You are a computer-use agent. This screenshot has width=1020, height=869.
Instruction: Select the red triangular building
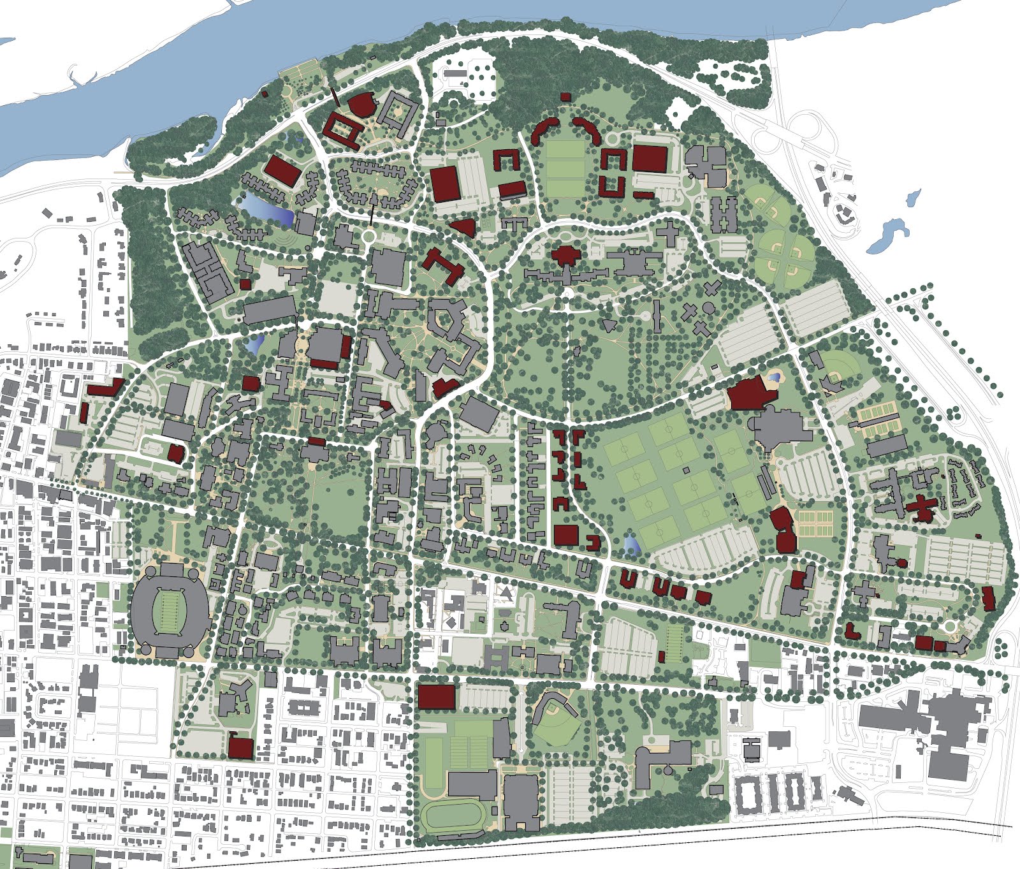[x=464, y=226]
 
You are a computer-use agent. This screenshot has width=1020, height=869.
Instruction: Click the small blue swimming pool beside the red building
[x=775, y=377]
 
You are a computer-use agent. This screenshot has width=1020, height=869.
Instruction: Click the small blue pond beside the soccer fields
[x=631, y=543]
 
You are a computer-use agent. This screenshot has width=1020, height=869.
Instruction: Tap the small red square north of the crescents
[x=565, y=97]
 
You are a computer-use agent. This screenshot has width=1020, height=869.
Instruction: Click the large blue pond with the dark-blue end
[x=268, y=208]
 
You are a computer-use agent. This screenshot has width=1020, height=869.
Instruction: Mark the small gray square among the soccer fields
[x=686, y=470]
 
